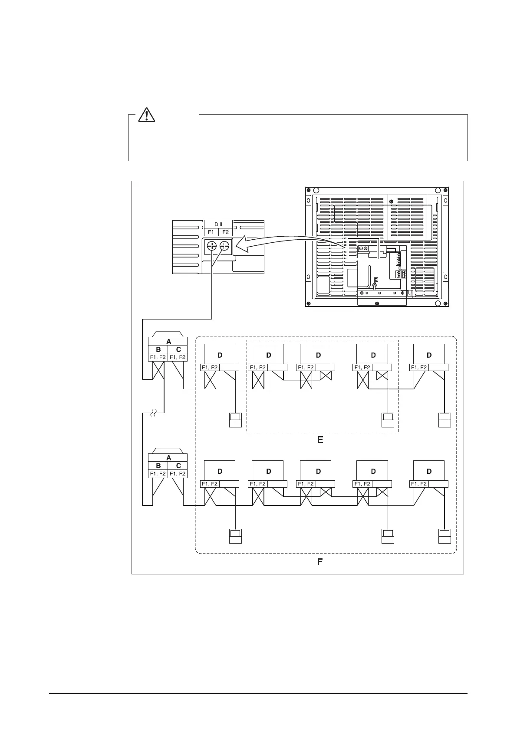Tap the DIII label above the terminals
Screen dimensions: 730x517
(218, 224)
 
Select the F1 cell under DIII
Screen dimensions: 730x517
(211, 232)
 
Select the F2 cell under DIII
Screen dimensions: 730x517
(225, 232)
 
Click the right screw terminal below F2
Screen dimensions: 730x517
(224, 246)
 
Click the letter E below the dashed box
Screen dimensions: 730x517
(320, 440)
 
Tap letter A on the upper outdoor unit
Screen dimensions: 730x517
(168, 342)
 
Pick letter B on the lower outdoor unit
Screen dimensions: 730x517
(158, 466)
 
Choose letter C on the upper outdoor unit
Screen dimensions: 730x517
(178, 349)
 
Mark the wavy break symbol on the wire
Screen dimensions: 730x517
(154, 414)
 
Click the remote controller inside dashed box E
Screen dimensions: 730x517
(387, 420)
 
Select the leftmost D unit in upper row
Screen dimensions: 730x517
(220, 355)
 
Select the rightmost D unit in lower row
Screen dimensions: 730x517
(429, 471)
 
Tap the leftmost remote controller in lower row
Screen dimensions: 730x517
(235, 536)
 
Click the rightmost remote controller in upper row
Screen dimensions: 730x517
(445, 420)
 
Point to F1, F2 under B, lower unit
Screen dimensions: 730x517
(158, 474)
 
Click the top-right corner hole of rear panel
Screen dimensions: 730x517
(438, 190)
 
